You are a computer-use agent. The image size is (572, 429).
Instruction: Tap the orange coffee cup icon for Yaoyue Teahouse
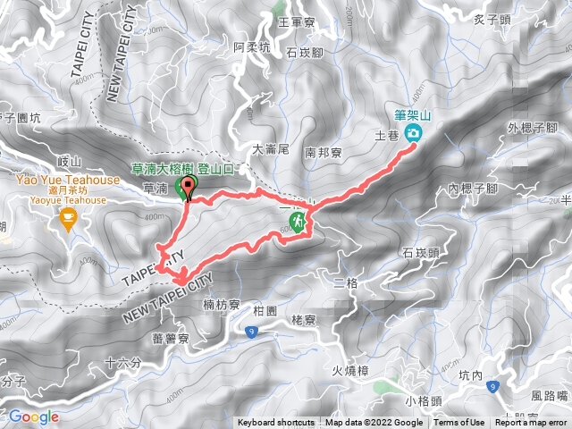click(67, 218)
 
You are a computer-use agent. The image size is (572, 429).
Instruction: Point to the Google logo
click(33, 416)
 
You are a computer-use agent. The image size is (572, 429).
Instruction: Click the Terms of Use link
click(459, 423)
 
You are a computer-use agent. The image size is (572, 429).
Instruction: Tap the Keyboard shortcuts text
click(276, 423)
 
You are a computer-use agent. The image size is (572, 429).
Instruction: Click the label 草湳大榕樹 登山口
click(182, 167)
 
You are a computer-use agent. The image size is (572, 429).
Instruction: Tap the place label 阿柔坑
click(251, 46)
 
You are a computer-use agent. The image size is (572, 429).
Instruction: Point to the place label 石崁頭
click(420, 253)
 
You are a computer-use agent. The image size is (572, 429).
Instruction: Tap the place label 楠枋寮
click(222, 305)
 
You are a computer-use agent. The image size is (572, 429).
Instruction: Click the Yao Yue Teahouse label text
click(69, 180)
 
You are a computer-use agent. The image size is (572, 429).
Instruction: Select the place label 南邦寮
click(322, 153)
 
